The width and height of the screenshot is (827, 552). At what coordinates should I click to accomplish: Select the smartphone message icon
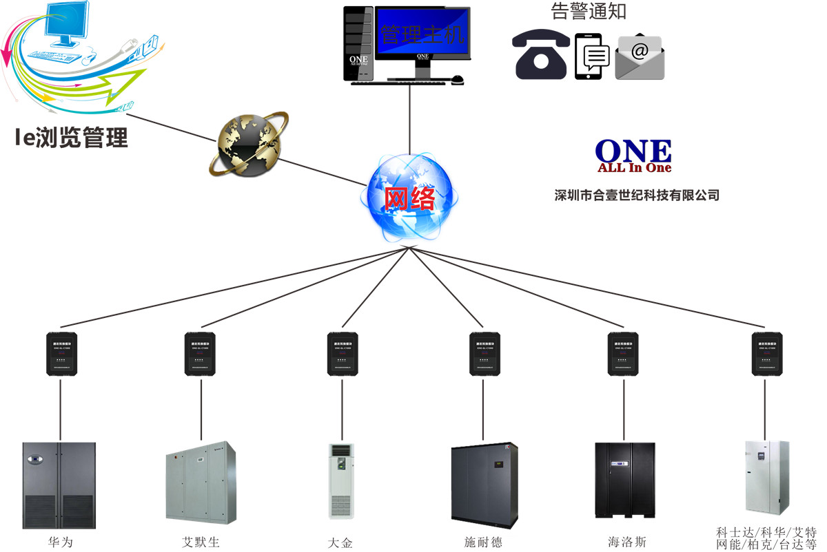click(593, 56)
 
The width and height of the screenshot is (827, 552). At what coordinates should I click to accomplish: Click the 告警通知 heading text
click(589, 12)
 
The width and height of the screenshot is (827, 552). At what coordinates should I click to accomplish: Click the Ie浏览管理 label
click(72, 137)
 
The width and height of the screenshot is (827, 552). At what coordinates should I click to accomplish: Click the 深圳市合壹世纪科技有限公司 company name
click(637, 195)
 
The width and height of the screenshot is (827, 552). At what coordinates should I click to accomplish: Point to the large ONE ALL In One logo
click(633, 155)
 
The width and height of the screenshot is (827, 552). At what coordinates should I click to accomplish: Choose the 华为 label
click(60, 542)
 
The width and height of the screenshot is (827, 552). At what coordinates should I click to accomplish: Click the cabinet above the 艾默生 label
click(201, 482)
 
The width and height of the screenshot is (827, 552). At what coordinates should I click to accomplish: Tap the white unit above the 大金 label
click(341, 480)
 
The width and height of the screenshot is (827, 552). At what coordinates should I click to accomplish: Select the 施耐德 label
click(484, 542)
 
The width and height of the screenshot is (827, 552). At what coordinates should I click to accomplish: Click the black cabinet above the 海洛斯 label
click(624, 480)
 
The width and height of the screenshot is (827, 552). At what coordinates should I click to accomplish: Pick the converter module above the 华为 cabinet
click(61, 354)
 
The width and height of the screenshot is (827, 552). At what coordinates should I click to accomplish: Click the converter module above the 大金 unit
click(341, 354)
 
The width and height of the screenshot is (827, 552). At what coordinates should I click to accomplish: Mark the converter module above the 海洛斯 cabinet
click(623, 354)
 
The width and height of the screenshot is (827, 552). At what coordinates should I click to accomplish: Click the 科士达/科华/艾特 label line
click(766, 532)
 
